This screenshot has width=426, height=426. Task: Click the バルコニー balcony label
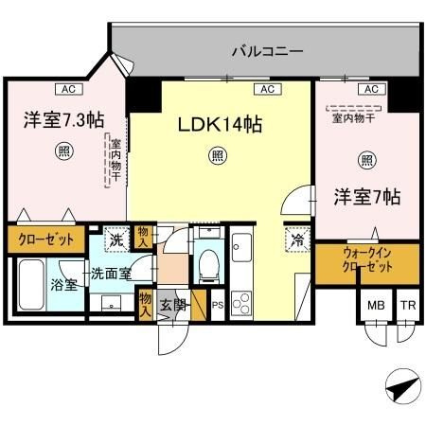coord(267,51)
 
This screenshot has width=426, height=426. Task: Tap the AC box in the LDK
coord(268,89)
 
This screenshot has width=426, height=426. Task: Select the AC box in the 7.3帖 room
coord(69,89)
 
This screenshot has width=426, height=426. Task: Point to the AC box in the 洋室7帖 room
coord(371,89)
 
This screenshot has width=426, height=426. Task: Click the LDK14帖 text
coord(220,125)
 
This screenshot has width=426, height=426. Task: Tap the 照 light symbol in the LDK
coord(217,155)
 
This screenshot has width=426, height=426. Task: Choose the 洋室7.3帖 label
coord(63,120)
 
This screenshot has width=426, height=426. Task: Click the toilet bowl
coord(209,264)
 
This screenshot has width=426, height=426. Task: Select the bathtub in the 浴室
coord(31,285)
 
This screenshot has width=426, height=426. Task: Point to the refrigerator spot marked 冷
coord(297,240)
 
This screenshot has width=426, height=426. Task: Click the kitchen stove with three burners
coord(241,303)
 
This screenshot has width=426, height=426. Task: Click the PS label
coord(218,305)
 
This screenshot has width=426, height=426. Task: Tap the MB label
coord(376,305)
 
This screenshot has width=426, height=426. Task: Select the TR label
coord(408,305)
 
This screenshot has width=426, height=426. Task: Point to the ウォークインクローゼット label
coord(367,260)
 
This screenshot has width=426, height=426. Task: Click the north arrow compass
coord(404,386)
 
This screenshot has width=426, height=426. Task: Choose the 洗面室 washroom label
coord(111,274)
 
